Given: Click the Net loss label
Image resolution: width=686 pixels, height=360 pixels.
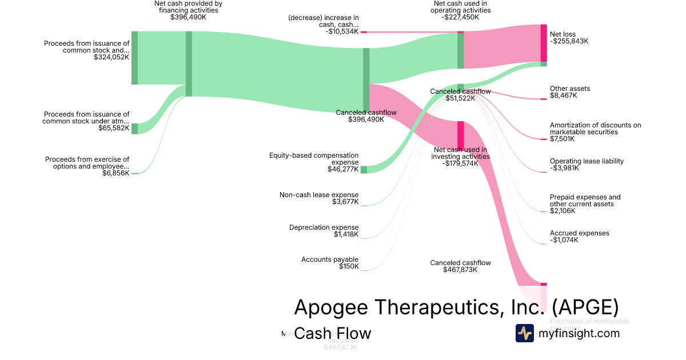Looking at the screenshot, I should click(x=563, y=34).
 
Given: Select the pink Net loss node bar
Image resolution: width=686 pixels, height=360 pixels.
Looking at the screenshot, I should click(x=544, y=43).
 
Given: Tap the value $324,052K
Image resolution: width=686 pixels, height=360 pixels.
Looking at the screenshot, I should click(x=111, y=57).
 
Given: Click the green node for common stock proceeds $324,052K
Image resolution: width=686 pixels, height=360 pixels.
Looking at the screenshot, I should click(x=134, y=58).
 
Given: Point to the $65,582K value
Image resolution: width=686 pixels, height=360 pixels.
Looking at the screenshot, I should click(x=114, y=128).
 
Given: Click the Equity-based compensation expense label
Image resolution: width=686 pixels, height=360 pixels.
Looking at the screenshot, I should click(x=314, y=158).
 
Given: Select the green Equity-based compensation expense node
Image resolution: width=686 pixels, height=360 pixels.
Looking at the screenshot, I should click(x=364, y=169).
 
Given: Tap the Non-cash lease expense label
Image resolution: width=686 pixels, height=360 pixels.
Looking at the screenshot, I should click(x=319, y=195).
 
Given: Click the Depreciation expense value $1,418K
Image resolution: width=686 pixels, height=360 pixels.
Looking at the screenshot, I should click(x=346, y=234).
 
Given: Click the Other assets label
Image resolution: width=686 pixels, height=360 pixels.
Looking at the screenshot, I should click(x=569, y=89).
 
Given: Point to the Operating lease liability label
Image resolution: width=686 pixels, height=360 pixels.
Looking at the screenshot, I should click(x=587, y=161).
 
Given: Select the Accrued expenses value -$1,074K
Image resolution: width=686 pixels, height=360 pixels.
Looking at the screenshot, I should click(x=564, y=240).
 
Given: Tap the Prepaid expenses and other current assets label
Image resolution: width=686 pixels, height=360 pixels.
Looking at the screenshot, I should click(x=585, y=201).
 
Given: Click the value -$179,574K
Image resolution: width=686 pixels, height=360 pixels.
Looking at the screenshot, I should click(x=460, y=163).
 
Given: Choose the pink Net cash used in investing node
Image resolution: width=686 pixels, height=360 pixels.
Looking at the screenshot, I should click(x=460, y=135).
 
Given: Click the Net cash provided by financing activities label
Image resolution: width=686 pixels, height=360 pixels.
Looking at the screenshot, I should click(x=188, y=7).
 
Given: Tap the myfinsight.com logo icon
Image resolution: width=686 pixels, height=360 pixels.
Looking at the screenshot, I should click(x=524, y=333).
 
